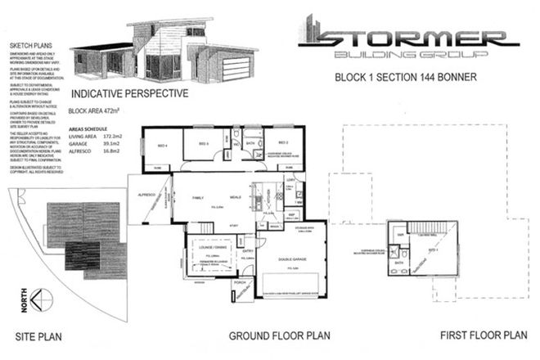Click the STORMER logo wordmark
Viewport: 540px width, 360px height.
pos(409,35)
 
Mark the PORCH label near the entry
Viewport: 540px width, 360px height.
pos(241,286)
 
